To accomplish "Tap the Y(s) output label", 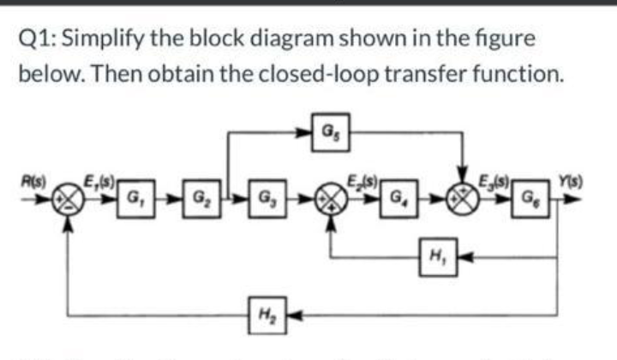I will pyautogui.click(x=565, y=181).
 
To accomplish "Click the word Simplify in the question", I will pyautogui.click(x=104, y=39).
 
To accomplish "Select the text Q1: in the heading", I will pyautogui.click(x=37, y=39).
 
